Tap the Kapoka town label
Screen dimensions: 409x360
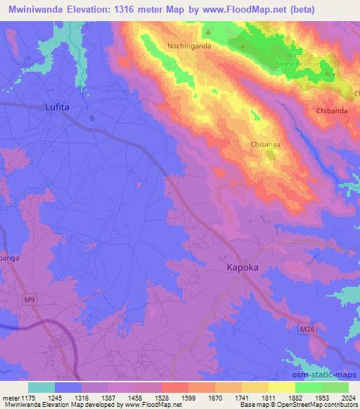coord(244,268)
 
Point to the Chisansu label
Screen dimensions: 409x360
coord(266,144)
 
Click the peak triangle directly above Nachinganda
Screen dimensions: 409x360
coord(208,32)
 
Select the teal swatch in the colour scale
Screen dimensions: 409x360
coord(41,387)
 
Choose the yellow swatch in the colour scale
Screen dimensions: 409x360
coord(282,387)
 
